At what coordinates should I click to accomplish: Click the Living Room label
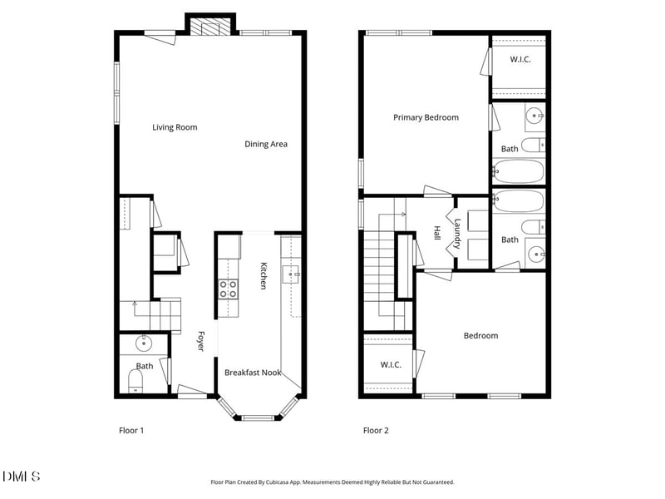coord(175,127)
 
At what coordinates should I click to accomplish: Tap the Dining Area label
coord(266,144)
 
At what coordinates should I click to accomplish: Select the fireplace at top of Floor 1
coord(204,27)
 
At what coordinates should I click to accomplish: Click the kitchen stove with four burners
coord(228,289)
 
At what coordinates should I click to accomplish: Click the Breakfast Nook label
coord(253,373)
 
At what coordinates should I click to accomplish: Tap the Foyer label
coord(200,342)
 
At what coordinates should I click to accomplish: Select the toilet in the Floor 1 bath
coord(136,381)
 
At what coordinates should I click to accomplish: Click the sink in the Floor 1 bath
coord(145,341)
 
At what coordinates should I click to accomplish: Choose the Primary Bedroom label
coord(426,117)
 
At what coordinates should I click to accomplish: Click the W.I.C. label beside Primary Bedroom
coord(520,60)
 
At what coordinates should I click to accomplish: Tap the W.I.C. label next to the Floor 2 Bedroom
coord(391,364)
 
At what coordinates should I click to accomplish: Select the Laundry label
coord(457,234)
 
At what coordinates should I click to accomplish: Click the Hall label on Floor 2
coord(437,234)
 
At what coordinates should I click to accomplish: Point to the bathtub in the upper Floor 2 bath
coord(519,172)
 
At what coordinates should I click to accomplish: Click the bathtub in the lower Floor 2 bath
coord(519,201)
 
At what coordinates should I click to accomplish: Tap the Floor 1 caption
coord(131,431)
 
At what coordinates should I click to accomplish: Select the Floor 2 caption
coord(375,431)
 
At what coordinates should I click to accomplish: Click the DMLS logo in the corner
coord(22,477)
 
